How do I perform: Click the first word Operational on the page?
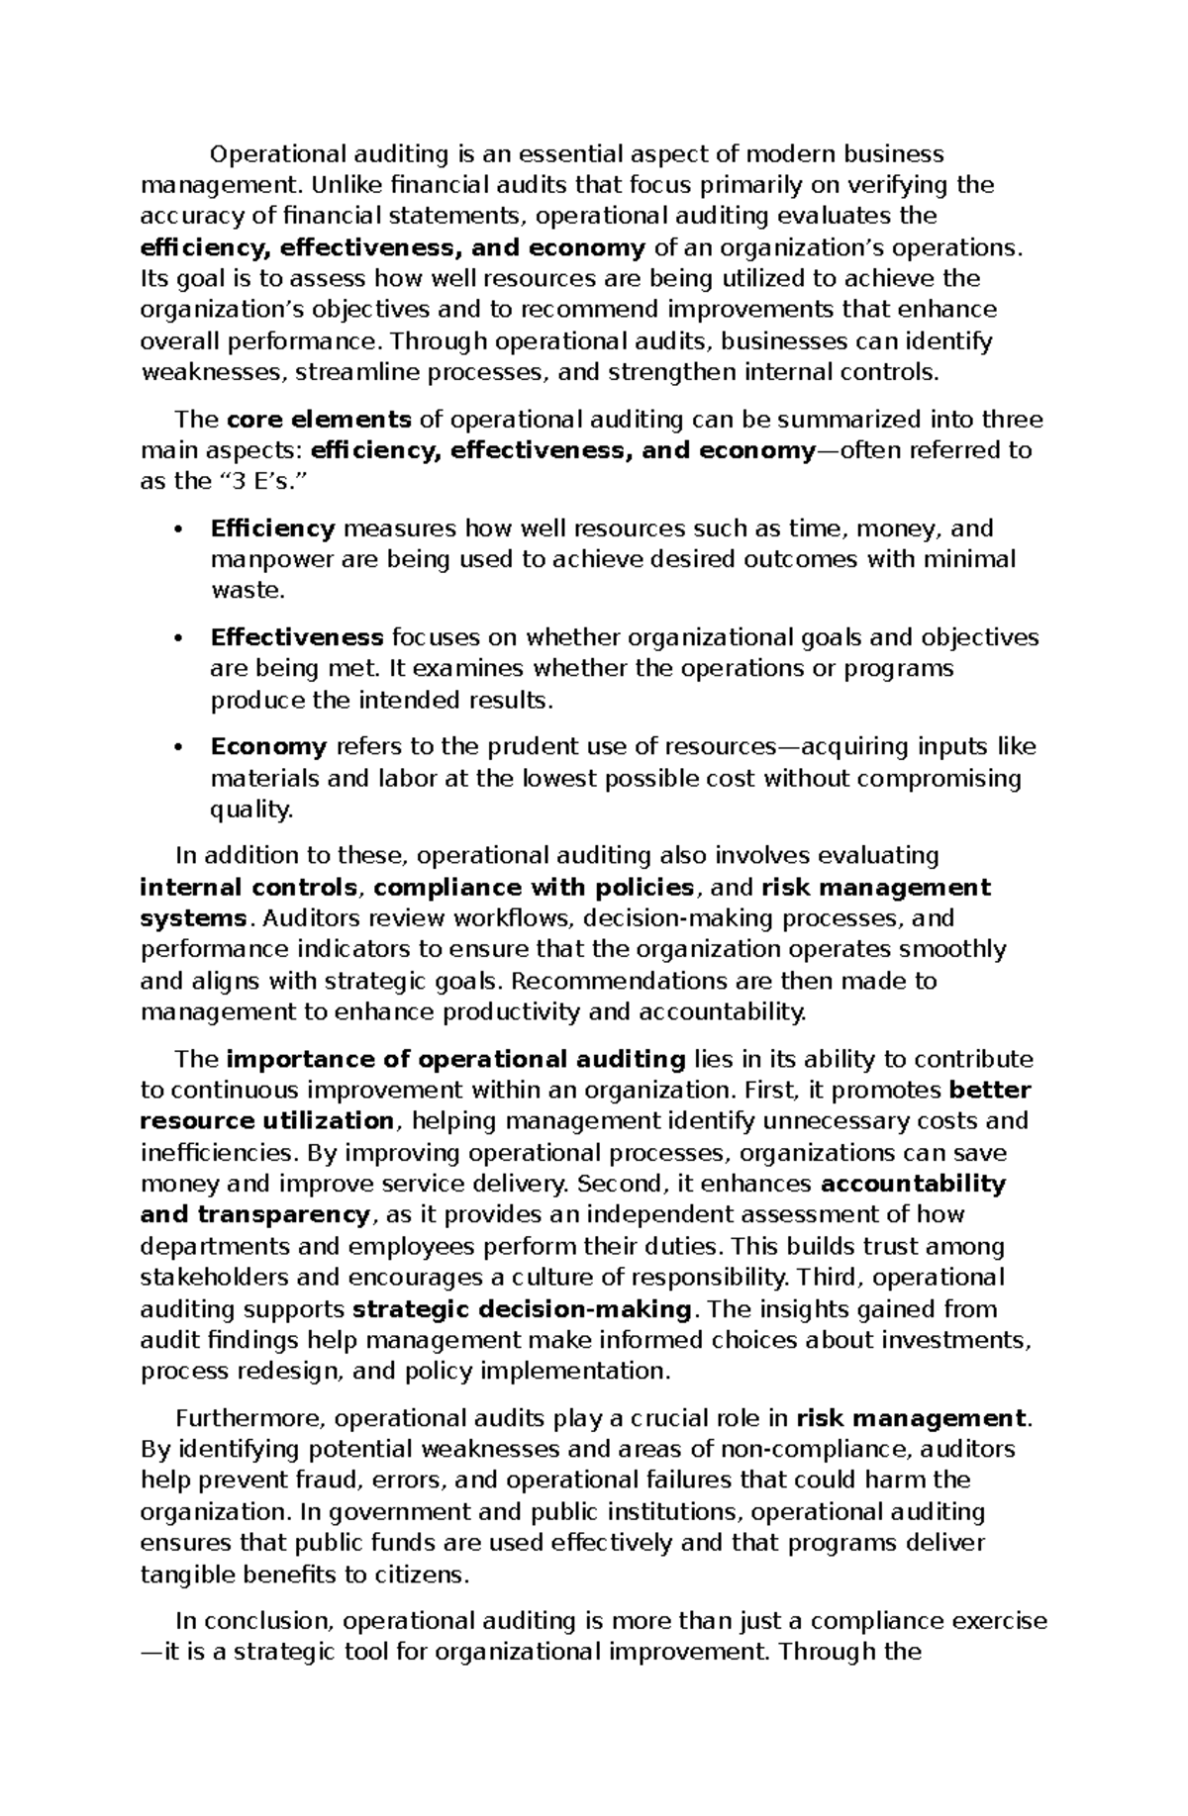(272, 154)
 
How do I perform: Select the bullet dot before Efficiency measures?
(178, 529)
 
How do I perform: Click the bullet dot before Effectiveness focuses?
(178, 638)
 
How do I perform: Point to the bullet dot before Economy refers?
(178, 747)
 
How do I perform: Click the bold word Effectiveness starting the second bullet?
(297, 637)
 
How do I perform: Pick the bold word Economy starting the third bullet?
(268, 746)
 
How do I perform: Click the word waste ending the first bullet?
(246, 591)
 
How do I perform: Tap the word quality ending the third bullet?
(250, 810)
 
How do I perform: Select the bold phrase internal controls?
(248, 887)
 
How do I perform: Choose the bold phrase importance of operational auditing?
(455, 1060)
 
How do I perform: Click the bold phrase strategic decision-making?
(522, 1309)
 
